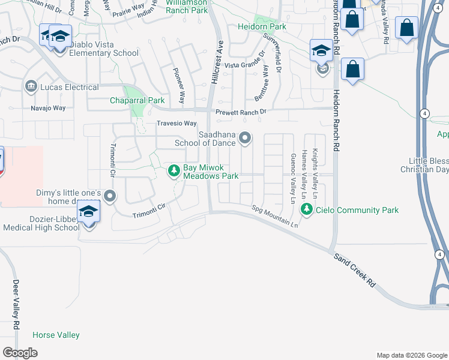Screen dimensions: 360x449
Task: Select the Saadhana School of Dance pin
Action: (245, 139)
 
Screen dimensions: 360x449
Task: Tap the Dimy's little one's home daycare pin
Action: (110, 196)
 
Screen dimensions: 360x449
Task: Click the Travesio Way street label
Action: (176, 124)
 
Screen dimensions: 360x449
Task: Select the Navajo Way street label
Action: (48, 108)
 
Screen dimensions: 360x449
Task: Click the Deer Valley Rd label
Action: (16, 303)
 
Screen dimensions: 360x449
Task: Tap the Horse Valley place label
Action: (56, 335)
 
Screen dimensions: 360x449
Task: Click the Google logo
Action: (20, 353)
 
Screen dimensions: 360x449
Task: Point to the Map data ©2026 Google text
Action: (412, 355)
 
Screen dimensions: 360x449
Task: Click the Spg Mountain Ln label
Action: (274, 217)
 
